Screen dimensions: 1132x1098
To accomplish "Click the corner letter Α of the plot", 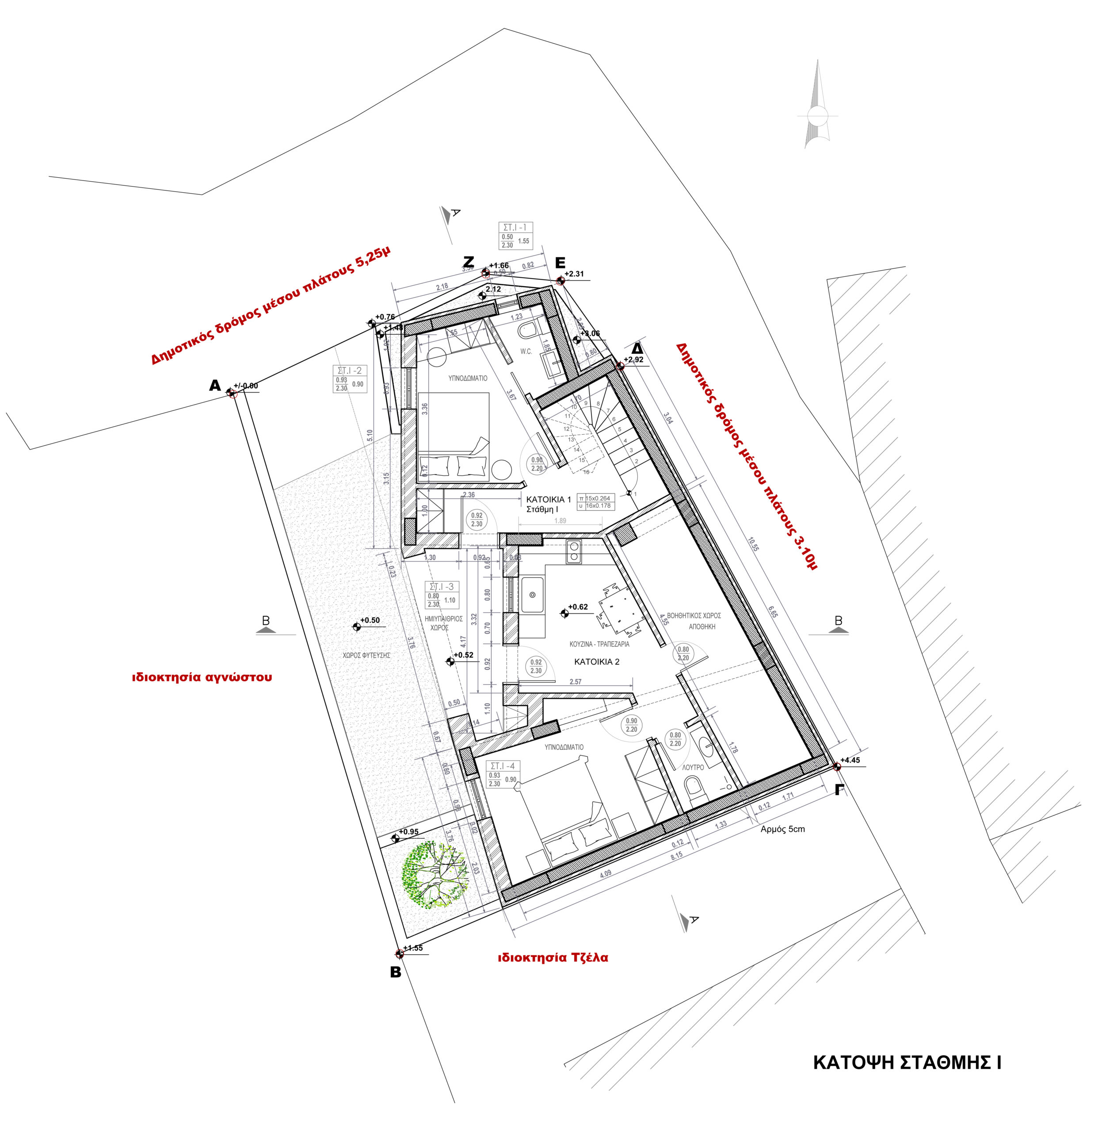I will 215,386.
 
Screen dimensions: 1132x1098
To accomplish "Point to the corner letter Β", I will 396,973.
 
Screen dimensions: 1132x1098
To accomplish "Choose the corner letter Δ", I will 637,348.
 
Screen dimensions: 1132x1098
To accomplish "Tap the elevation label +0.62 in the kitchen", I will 577,607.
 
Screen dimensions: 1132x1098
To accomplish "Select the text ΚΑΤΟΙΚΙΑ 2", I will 596,662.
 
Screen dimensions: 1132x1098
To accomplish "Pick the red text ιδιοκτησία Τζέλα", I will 553,958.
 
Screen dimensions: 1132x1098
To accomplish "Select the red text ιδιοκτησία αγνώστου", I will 202,677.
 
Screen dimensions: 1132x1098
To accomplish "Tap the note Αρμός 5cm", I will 782,829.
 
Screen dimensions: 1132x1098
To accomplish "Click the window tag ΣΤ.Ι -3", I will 442,587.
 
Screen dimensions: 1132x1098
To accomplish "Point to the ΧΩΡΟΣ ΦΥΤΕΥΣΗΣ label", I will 366,655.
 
